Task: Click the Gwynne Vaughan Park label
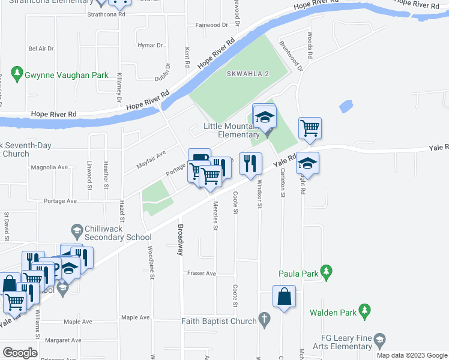point(66,75)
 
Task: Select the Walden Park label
point(333,313)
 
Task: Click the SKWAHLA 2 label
point(248,74)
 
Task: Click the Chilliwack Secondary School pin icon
point(76,230)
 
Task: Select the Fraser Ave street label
point(201,273)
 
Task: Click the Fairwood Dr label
point(211,25)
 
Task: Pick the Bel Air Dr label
point(41,48)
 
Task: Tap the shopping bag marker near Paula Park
point(284,296)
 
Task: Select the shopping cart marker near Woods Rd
point(310,127)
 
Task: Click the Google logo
point(20,353)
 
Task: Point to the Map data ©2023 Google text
point(412,355)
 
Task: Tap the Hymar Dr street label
point(150,45)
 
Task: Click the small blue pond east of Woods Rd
point(346,107)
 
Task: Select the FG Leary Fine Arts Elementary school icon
point(379,342)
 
